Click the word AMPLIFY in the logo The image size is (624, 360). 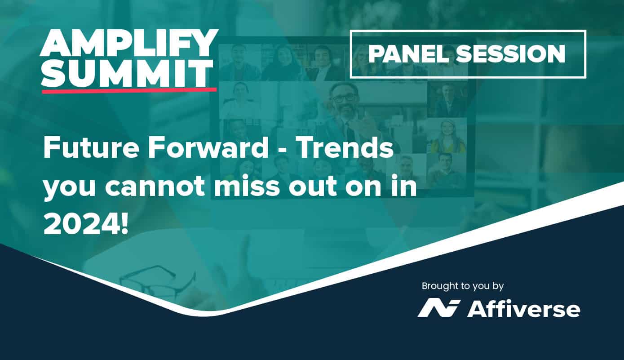(x=129, y=43)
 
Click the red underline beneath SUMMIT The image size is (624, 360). (x=129, y=90)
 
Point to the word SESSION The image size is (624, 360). (x=510, y=54)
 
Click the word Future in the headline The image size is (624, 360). (x=91, y=148)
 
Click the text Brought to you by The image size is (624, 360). (x=463, y=286)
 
